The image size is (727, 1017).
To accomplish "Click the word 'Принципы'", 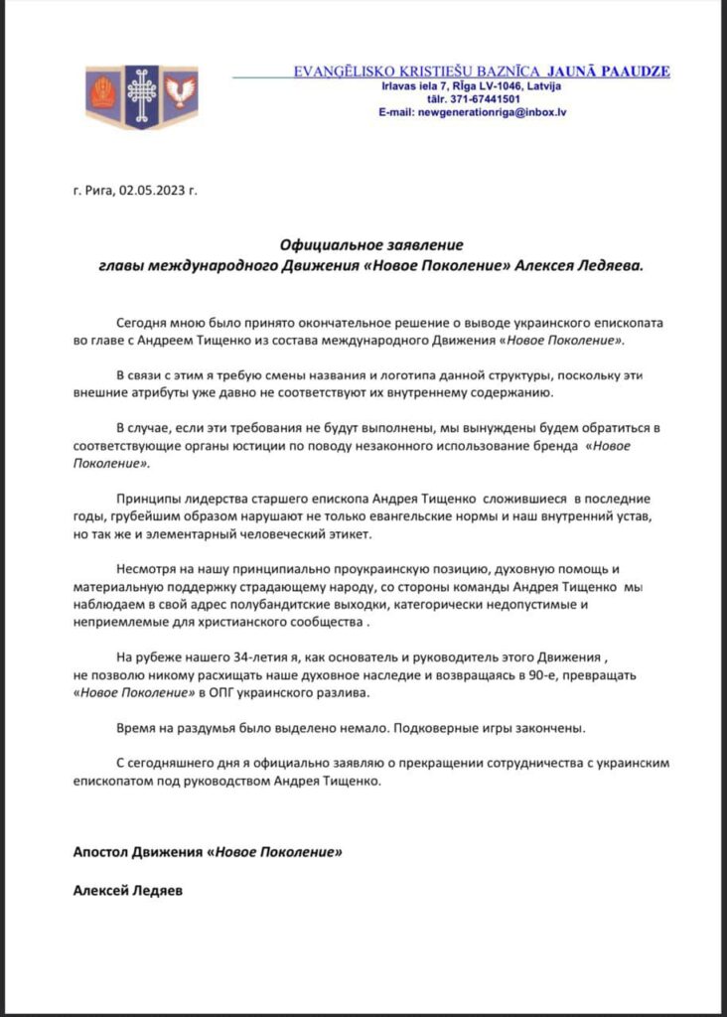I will pyautogui.click(x=149, y=498).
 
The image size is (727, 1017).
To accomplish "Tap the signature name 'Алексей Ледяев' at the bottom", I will pyautogui.click(x=128, y=890).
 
